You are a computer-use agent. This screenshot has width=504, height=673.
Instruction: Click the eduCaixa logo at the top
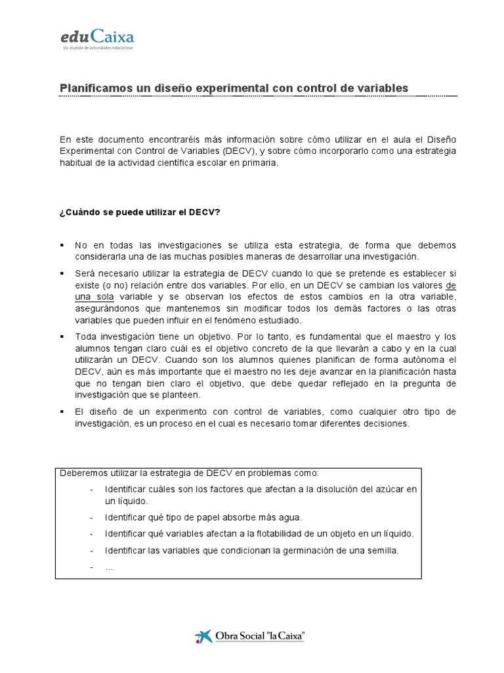[x=96, y=37]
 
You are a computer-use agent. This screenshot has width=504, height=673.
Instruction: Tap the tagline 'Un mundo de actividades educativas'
[x=96, y=49]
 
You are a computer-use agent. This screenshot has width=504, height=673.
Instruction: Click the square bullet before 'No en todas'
[x=62, y=245]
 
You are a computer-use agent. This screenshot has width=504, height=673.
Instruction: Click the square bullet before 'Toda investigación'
[x=62, y=336]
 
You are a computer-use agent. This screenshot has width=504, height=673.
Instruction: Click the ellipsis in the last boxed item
[x=109, y=567]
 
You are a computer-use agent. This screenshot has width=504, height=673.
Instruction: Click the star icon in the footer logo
[x=203, y=636]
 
